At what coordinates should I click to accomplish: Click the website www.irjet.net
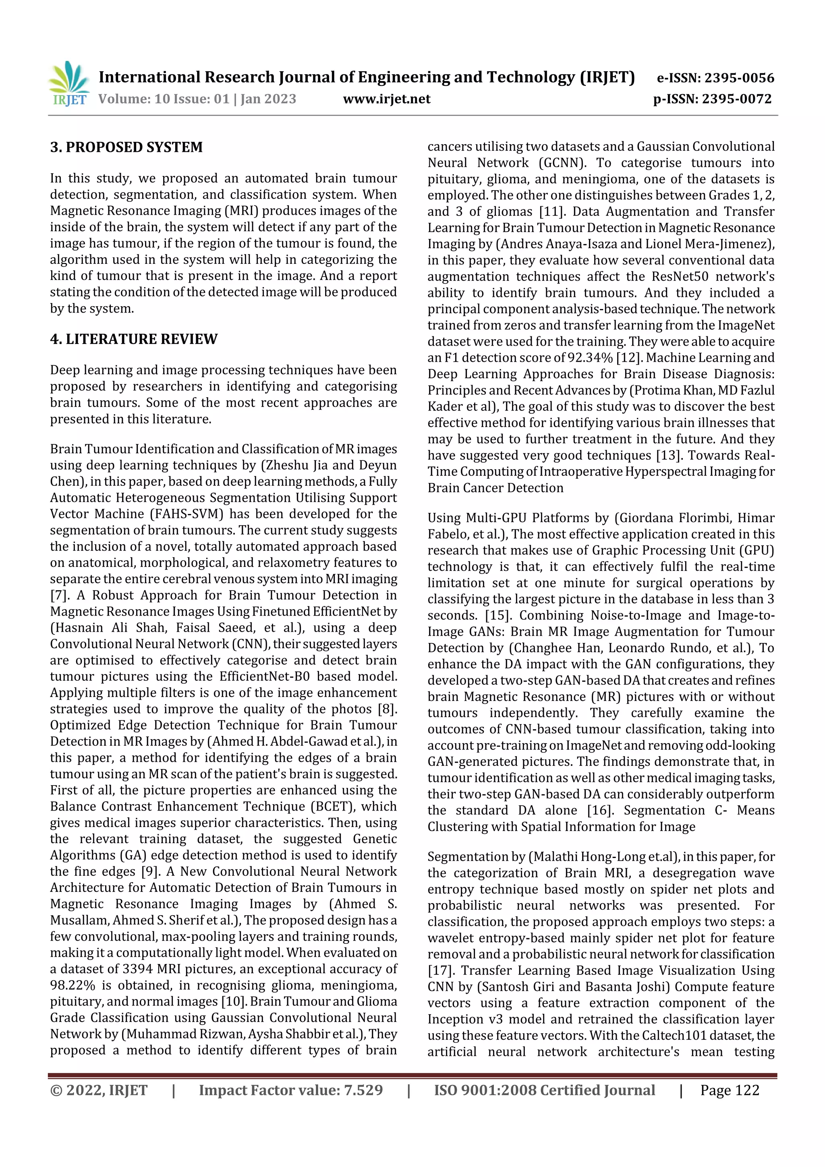(386, 99)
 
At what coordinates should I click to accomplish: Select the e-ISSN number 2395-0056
(738, 78)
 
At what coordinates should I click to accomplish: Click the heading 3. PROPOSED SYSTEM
(126, 147)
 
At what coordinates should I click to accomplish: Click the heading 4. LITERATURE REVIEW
(134, 339)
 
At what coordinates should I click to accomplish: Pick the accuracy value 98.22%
(73, 985)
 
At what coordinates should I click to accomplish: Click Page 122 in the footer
(730, 1090)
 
